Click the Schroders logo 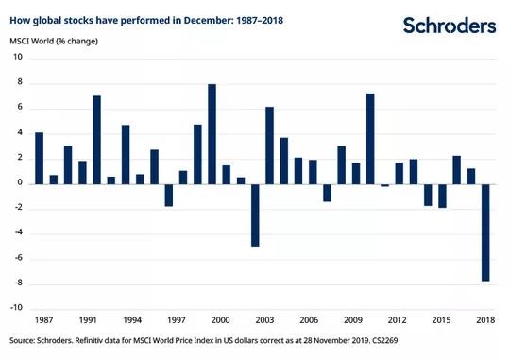[450, 26]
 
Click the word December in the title [207, 20]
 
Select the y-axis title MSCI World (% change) [54, 42]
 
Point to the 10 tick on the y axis [18, 57]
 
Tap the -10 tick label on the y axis [16, 308]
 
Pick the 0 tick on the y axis [20, 182]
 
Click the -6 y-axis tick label [18, 258]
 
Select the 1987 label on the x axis [43, 320]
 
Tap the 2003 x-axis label [264, 320]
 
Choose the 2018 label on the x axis [485, 320]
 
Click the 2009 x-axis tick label [353, 320]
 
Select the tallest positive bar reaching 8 [212, 134]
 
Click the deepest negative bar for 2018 [485, 232]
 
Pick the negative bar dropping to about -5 [255, 215]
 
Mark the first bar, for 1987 [40, 159]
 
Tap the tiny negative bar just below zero [384, 185]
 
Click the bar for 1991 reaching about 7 [97, 140]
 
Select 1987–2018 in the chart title [260, 20]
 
